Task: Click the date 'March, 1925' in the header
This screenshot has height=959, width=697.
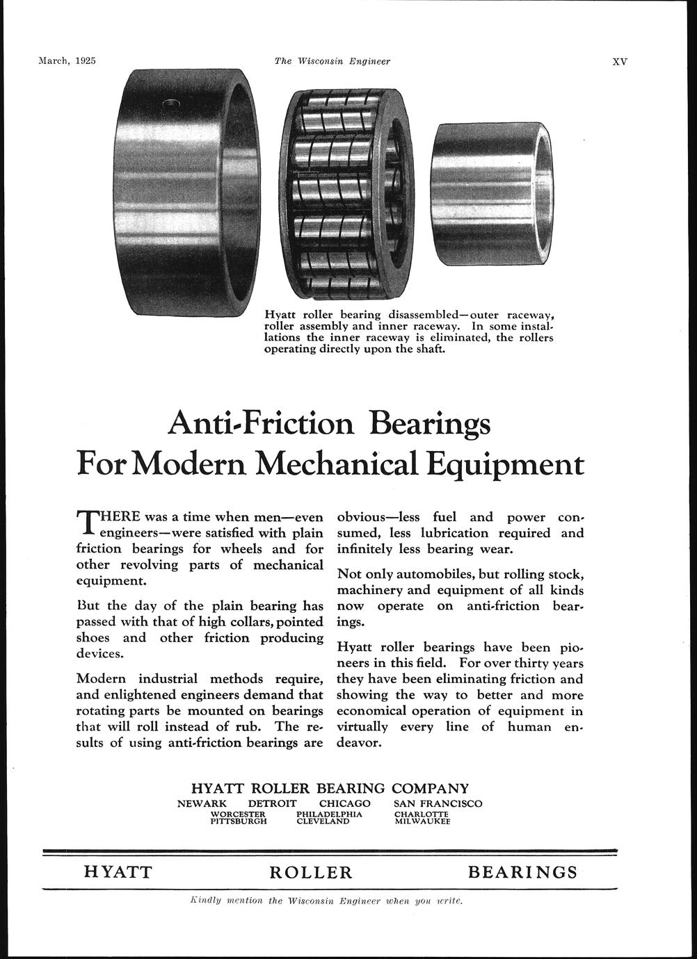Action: tap(66, 60)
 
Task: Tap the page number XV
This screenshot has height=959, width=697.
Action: tap(619, 61)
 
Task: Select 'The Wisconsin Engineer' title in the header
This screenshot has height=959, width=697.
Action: tap(333, 61)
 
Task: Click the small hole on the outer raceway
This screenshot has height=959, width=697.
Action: tap(170, 105)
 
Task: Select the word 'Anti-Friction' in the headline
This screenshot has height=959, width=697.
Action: tap(261, 423)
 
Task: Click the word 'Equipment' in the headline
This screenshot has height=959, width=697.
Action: tap(505, 464)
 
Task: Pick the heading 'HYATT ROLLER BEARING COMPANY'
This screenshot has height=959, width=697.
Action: tap(330, 789)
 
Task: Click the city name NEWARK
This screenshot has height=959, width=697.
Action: tap(202, 803)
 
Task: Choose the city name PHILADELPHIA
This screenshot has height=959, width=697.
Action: tap(330, 813)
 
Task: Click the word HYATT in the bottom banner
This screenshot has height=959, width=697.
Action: tap(118, 872)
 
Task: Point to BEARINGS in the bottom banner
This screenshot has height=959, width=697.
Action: tap(523, 872)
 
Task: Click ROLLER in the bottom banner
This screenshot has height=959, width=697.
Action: tap(311, 872)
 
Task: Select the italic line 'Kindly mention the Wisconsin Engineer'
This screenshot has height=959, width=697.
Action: tap(326, 901)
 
